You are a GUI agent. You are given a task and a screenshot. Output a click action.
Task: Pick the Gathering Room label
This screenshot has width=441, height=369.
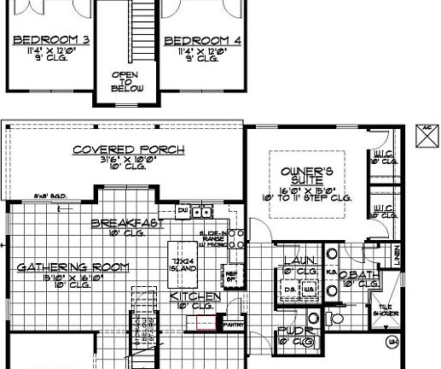(73, 266)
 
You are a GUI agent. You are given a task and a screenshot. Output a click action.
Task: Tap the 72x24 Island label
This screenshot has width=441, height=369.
(184, 263)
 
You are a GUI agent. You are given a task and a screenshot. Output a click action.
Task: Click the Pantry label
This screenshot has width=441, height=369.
(233, 325)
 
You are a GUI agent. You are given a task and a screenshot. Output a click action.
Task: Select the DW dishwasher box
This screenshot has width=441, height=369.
(183, 208)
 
